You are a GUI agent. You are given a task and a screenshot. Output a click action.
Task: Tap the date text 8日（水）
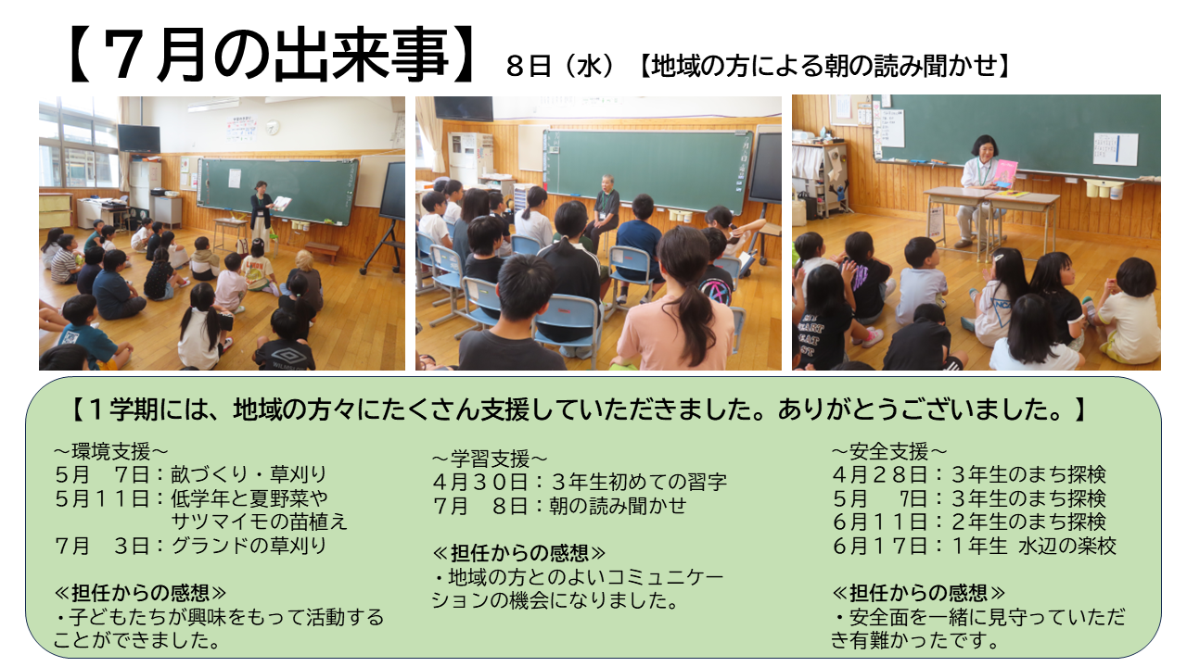click(x=560, y=67)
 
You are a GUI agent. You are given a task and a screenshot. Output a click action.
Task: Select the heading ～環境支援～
click(x=110, y=451)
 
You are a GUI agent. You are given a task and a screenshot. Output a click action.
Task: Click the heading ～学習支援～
click(x=490, y=459)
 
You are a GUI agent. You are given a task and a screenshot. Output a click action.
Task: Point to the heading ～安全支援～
click(x=889, y=451)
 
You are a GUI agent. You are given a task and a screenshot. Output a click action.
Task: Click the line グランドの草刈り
click(x=249, y=546)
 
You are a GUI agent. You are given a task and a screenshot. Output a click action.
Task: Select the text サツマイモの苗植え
click(x=259, y=522)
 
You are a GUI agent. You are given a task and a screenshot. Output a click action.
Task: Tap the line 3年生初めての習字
click(x=639, y=482)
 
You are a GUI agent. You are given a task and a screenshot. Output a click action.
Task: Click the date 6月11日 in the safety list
click(x=879, y=522)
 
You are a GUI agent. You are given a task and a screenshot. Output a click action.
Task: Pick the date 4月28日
click(x=879, y=475)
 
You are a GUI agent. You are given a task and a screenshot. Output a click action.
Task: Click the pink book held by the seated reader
click(x=1005, y=173)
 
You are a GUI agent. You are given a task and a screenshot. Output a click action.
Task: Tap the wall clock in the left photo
click(x=273, y=127)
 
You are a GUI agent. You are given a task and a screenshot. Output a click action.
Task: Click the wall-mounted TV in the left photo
click(x=139, y=139)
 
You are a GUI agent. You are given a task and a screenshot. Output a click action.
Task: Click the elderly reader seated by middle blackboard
click(x=604, y=210)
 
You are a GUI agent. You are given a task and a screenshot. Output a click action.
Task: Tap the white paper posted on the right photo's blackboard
click(x=1116, y=149)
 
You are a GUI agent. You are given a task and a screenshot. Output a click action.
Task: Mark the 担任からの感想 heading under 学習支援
click(x=519, y=553)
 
